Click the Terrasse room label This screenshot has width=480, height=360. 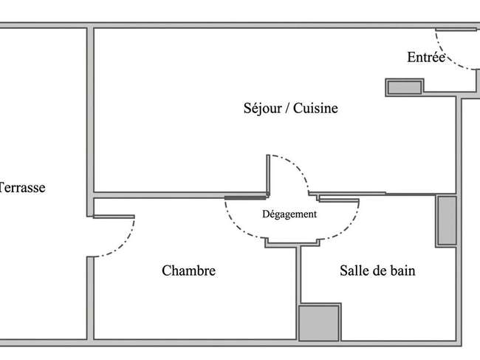click(x=21, y=188)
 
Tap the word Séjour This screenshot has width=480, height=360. click(x=263, y=109)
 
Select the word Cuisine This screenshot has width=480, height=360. click(x=315, y=108)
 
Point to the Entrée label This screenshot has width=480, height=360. click(x=426, y=58)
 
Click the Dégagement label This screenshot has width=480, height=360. click(x=289, y=214)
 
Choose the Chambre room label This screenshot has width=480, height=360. click(x=188, y=271)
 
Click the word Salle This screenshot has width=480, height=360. click(x=350, y=271)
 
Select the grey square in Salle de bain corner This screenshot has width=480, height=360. click(x=319, y=322)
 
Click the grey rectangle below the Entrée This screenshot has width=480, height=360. click(x=405, y=88)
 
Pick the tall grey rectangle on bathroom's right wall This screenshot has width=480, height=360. click(x=447, y=220)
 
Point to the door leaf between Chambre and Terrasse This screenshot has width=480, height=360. click(x=114, y=217)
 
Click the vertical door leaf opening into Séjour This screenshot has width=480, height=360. click(x=268, y=175)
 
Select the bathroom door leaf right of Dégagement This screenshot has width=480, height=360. click(x=339, y=200)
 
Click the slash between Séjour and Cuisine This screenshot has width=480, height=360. click(x=288, y=109)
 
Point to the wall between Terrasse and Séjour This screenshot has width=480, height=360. click(x=90, y=122)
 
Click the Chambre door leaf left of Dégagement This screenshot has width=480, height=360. click(x=245, y=197)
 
